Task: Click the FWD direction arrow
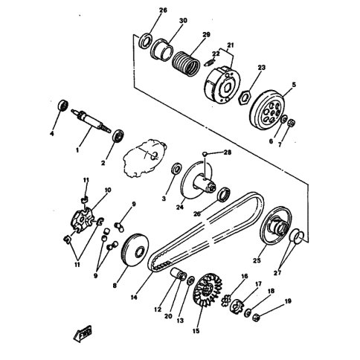point(83,332)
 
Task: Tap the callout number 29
point(206,34)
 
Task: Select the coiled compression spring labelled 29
point(186,63)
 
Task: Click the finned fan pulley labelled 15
point(208,290)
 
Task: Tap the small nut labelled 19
point(256,317)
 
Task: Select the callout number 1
point(77,150)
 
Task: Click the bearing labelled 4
point(62,106)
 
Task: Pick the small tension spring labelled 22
point(209,62)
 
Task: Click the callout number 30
point(183,20)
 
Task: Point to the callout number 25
point(257,260)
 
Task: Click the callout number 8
point(115,286)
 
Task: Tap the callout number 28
point(227,152)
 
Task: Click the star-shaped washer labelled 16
point(225,297)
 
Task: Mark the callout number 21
point(231,45)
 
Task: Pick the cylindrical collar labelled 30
point(162,49)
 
